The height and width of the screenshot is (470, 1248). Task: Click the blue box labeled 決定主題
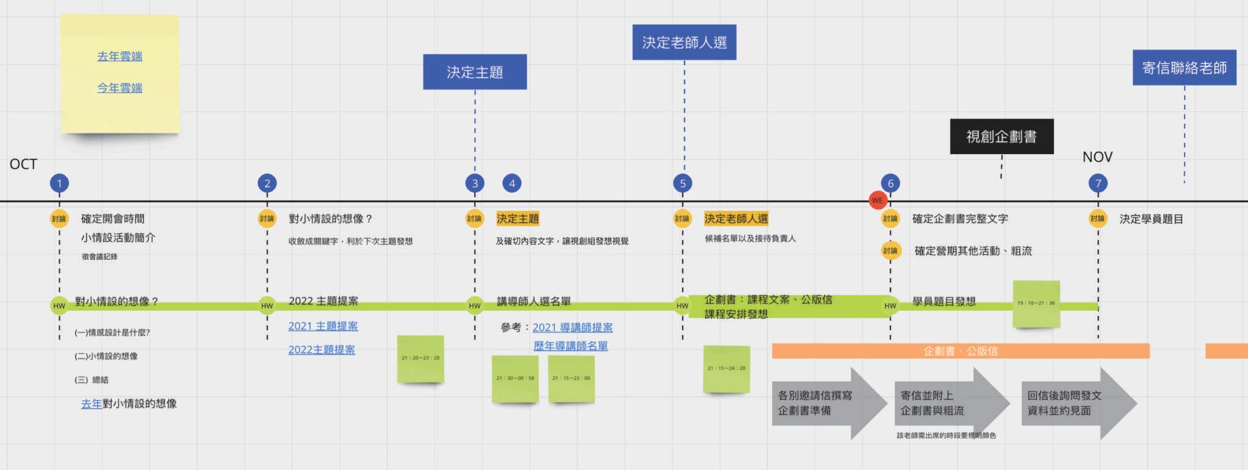click(x=475, y=72)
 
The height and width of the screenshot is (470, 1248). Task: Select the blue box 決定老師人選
click(x=684, y=42)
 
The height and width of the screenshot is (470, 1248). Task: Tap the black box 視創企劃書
click(x=1001, y=136)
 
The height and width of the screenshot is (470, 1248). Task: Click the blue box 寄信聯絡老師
click(x=1184, y=68)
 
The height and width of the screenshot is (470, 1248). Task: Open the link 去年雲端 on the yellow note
click(x=120, y=57)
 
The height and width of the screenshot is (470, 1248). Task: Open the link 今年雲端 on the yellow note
click(x=120, y=88)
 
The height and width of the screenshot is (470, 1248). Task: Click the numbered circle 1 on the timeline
click(x=59, y=183)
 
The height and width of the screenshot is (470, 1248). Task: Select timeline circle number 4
click(x=512, y=183)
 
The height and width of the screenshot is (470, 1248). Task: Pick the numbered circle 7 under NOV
click(x=1098, y=183)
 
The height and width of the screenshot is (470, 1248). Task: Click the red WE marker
click(x=877, y=201)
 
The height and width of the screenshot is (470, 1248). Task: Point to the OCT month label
click(x=23, y=164)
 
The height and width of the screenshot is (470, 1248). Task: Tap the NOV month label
click(x=1097, y=157)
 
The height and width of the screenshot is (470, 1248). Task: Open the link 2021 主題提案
click(x=323, y=326)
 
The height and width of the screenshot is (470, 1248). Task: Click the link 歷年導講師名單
click(x=571, y=346)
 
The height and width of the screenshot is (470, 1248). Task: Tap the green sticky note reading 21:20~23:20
click(x=420, y=358)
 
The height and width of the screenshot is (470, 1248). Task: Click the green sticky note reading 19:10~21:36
click(x=1036, y=304)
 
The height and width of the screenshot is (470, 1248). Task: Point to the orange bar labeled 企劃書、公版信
click(x=961, y=351)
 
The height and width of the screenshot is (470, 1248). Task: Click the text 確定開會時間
click(x=113, y=219)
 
